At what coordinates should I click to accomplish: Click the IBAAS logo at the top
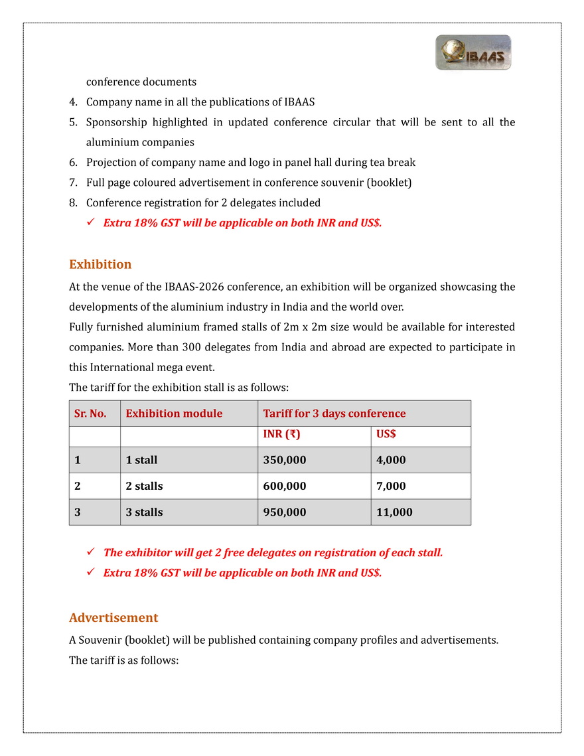tap(473, 52)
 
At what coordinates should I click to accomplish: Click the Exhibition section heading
tap(100, 264)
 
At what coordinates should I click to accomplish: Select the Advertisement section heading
tap(113, 617)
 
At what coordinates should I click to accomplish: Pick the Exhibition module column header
tap(174, 414)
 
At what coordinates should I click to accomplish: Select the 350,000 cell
tap(285, 460)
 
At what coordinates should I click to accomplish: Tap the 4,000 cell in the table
tap(391, 460)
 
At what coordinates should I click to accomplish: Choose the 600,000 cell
tap(285, 486)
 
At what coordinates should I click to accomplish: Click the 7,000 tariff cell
tap(391, 486)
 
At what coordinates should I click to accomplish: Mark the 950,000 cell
tap(285, 512)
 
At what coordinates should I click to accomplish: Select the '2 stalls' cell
tap(144, 486)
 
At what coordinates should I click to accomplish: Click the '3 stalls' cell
tap(144, 512)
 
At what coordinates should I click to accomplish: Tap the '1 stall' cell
tap(141, 460)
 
